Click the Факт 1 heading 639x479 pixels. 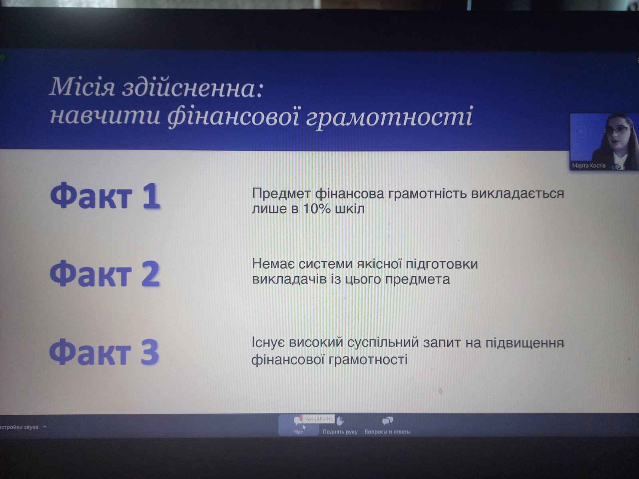(105, 196)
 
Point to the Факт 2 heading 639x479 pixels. (105, 274)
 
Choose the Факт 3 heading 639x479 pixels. (104, 352)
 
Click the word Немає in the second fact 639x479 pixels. (273, 264)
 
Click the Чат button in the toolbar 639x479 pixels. (298, 426)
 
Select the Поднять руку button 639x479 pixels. (340, 426)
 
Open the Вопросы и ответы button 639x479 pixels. (387, 426)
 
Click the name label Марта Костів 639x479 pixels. (589, 166)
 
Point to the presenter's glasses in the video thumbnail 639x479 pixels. (617, 131)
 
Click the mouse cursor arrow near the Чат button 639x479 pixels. (304, 427)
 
